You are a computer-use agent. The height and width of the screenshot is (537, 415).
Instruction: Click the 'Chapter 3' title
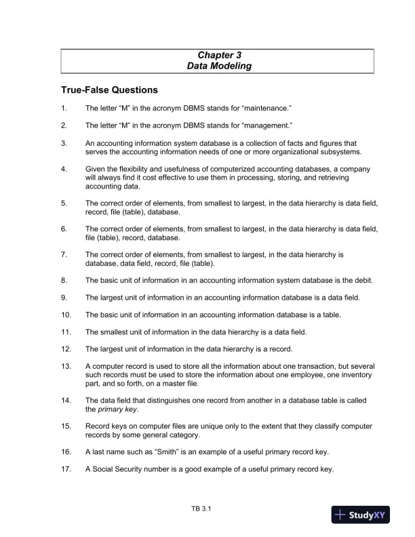point(219,54)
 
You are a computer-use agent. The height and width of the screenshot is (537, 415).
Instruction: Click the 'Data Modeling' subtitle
point(219,66)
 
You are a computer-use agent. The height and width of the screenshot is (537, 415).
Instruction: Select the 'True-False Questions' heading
point(109,89)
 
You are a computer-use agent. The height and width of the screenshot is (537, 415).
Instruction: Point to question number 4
point(64,169)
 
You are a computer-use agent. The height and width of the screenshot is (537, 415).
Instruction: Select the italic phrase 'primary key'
point(115,410)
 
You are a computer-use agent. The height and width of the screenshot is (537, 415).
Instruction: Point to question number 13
point(66,367)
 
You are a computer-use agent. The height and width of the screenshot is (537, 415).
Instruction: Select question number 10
point(66,315)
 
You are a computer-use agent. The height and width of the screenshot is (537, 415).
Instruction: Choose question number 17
point(66,469)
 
